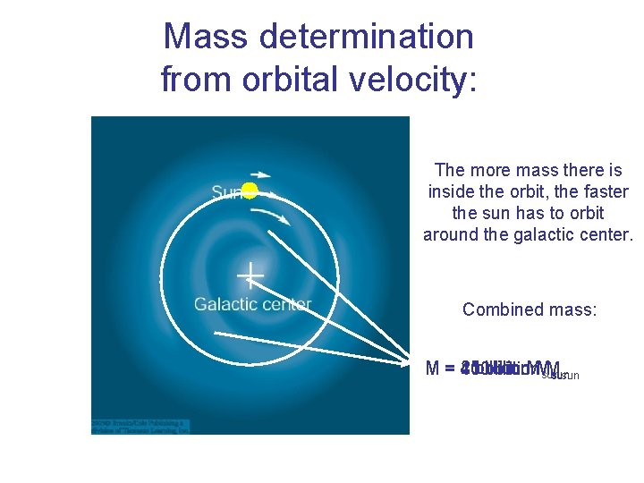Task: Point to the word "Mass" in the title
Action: [206, 37]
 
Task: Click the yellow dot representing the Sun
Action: [250, 190]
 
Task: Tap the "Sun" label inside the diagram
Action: [225, 192]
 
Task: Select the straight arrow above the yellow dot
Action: [260, 174]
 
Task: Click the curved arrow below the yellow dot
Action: [270, 216]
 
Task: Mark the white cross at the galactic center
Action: [250, 275]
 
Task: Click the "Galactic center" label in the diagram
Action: [252, 304]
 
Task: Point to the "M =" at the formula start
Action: [440, 369]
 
